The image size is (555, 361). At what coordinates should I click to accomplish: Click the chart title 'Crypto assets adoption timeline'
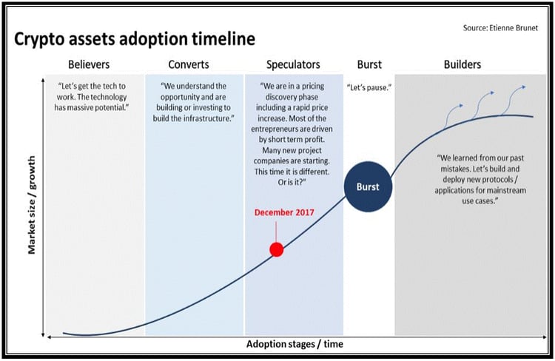click(135, 39)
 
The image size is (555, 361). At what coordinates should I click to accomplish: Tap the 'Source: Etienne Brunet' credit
click(500, 28)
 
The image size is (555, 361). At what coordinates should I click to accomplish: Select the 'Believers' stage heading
click(89, 64)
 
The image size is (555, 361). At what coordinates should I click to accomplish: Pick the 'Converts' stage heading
click(189, 64)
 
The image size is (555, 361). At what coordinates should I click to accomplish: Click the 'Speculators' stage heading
click(293, 64)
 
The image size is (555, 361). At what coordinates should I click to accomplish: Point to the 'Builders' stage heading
click(462, 64)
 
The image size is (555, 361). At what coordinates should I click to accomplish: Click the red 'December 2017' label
click(284, 212)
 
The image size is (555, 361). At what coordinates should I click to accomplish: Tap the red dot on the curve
click(277, 249)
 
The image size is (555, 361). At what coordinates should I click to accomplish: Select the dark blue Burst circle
click(368, 186)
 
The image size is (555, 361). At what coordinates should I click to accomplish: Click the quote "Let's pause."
click(369, 87)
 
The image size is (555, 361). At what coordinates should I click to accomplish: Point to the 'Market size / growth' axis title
click(32, 205)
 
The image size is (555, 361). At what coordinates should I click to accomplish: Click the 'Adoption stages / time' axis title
click(295, 344)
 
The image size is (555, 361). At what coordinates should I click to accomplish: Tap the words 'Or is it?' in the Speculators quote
click(292, 182)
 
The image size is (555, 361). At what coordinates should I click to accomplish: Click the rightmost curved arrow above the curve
click(513, 100)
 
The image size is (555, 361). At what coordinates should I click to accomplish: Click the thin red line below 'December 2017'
click(276, 232)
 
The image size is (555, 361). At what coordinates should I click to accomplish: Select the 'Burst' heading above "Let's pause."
click(369, 64)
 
